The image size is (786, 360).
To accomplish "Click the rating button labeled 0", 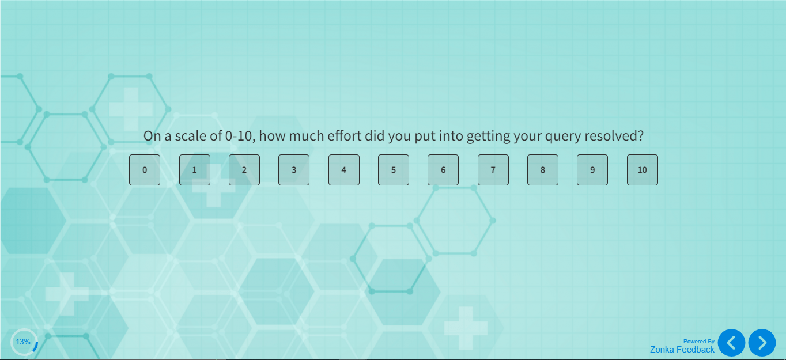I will pyautogui.click(x=145, y=170).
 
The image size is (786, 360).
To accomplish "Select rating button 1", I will pyautogui.click(x=194, y=170).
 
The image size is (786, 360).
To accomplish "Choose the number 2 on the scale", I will pyautogui.click(x=244, y=170).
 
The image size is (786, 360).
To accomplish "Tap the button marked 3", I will pyautogui.click(x=294, y=170).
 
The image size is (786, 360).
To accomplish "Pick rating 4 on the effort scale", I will pyautogui.click(x=344, y=170).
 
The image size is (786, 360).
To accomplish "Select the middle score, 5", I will pyautogui.click(x=394, y=170).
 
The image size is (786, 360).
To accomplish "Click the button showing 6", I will pyautogui.click(x=443, y=170).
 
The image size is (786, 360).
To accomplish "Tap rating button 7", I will pyautogui.click(x=493, y=170).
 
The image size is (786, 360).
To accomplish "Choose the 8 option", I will pyautogui.click(x=543, y=170).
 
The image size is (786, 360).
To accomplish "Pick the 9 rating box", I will pyautogui.click(x=592, y=170).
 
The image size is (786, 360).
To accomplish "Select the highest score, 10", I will pyautogui.click(x=643, y=170).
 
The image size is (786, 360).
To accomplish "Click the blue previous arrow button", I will pyautogui.click(x=731, y=343).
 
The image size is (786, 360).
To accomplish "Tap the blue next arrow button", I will pyautogui.click(x=762, y=343).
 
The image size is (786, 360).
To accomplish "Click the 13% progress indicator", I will pyautogui.click(x=24, y=342).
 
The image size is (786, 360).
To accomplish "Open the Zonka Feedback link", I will pyautogui.click(x=682, y=350).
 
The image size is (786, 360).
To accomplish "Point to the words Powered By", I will pyautogui.click(x=698, y=342).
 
